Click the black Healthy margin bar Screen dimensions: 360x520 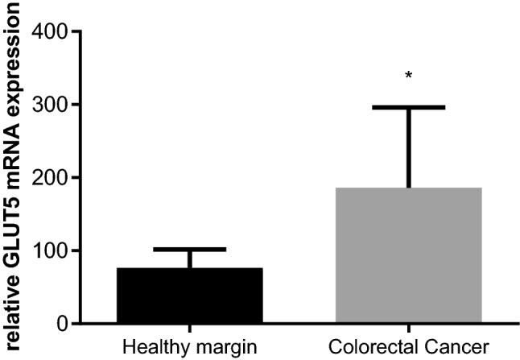189,296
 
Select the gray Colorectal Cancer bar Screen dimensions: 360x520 408,255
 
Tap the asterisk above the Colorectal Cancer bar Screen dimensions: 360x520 409,76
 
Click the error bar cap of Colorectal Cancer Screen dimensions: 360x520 408,107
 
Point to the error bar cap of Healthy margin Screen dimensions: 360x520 189,250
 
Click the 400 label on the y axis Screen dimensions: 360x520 50,31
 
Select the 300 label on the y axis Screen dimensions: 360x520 50,105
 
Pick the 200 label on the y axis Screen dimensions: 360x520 50,177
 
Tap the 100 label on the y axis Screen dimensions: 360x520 50,250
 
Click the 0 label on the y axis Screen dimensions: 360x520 61,324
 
